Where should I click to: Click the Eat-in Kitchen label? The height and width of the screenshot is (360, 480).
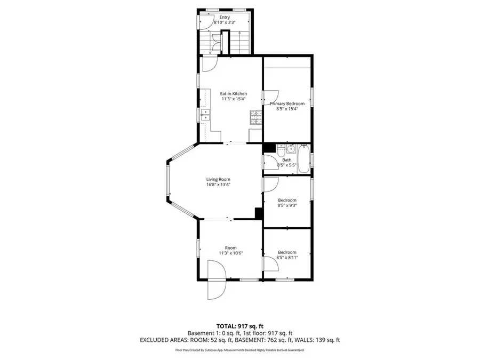234,93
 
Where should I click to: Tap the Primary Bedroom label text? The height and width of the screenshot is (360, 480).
287,103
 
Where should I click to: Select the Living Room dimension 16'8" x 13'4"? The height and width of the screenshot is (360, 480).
219,185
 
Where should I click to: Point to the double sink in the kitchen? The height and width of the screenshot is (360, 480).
206,115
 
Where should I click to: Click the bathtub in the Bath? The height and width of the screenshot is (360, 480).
303,158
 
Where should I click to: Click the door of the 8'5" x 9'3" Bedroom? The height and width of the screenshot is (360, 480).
270,184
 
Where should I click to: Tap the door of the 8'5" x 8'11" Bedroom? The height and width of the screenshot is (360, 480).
269,262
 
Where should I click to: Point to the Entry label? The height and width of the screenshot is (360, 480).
225,17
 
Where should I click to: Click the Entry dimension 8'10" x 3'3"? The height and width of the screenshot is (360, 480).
225,23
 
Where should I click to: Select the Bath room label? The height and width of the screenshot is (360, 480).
287,159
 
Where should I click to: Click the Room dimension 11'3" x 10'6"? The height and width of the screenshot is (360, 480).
230,253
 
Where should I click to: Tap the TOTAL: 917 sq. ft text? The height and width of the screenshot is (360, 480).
239,325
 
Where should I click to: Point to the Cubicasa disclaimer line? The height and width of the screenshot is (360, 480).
239,350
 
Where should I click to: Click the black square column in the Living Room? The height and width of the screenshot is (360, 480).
259,213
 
